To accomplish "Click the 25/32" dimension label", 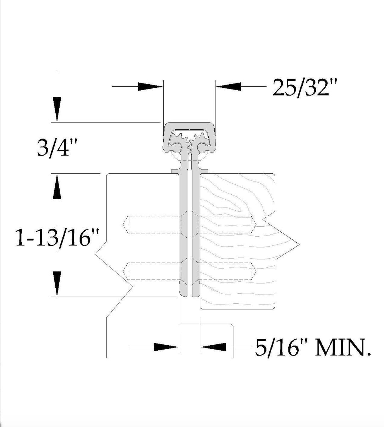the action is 305,88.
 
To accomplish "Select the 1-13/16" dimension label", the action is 57,238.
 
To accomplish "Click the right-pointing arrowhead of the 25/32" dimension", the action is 150,87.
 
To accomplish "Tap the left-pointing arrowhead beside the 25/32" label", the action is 229,87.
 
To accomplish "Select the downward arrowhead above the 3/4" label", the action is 57,110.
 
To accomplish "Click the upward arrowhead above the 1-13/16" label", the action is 57,187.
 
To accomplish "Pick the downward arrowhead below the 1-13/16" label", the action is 57,284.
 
